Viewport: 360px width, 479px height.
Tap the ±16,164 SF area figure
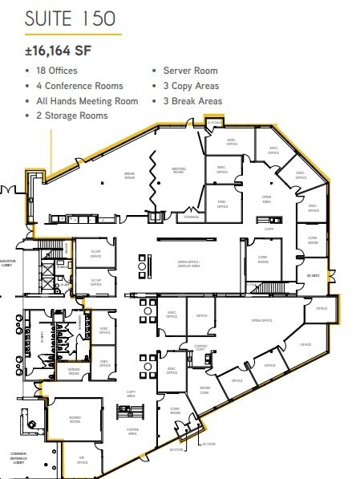(58, 51)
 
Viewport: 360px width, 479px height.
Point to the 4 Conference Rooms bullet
(79, 86)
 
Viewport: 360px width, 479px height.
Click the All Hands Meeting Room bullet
(87, 101)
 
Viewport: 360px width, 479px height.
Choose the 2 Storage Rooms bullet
(72, 116)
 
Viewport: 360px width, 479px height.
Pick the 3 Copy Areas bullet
(191, 86)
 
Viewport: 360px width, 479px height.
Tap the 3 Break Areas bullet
(192, 101)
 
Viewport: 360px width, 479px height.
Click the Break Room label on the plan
(129, 176)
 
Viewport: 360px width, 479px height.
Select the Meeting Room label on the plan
(179, 171)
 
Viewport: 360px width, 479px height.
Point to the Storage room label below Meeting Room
(192, 217)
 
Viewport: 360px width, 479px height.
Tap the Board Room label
(75, 419)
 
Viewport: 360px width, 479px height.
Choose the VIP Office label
(82, 461)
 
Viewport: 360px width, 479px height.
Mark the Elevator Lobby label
(9, 262)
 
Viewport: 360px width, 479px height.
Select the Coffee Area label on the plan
(133, 430)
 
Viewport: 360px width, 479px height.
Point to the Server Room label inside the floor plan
(74, 370)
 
